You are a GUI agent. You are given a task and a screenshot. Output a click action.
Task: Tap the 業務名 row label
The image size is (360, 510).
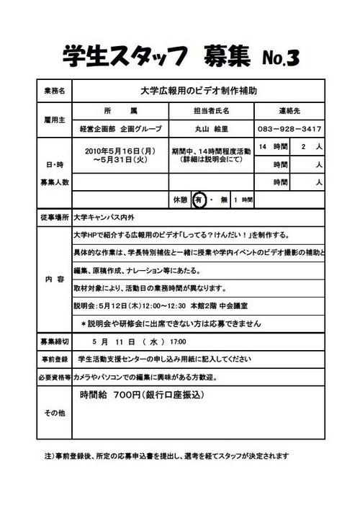point(53,91)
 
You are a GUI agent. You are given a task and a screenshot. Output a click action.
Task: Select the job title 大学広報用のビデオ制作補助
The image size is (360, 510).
point(198,91)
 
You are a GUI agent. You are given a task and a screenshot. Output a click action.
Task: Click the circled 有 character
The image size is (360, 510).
point(199,200)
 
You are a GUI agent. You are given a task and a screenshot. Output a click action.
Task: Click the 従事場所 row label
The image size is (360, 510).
point(53,217)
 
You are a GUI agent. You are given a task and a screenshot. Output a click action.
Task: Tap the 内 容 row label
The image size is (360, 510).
point(53,279)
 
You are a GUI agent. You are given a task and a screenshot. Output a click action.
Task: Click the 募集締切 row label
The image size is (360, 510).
point(53,341)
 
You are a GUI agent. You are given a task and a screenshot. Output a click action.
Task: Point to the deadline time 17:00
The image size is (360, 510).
point(178,341)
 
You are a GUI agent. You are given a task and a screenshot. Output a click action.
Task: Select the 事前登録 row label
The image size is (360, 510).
point(53,359)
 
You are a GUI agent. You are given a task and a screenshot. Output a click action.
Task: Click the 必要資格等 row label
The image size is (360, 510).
point(53,377)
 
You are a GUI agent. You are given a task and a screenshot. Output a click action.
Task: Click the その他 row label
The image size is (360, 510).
point(53,413)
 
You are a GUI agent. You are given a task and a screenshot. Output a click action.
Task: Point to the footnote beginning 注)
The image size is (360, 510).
point(166,456)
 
